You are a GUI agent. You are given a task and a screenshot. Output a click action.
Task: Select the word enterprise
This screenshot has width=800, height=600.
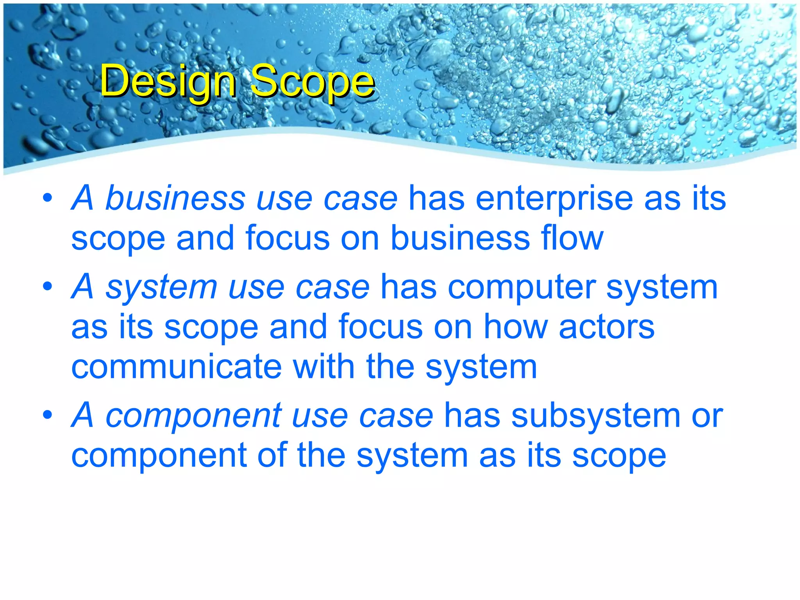[x=555, y=199]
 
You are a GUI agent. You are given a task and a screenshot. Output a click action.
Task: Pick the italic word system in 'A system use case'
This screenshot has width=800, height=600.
[x=161, y=288]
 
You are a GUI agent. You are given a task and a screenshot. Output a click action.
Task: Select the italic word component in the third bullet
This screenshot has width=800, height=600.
[x=194, y=416]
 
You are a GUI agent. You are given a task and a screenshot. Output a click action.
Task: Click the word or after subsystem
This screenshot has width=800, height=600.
[x=707, y=416]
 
